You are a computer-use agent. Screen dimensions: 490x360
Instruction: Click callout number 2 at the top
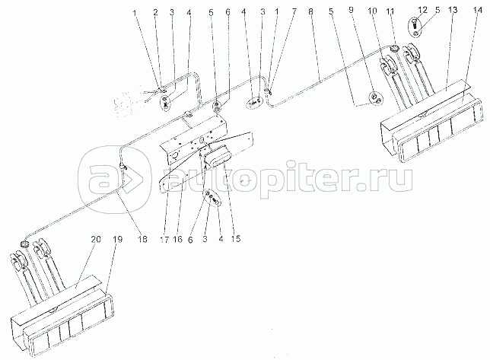point(155,12)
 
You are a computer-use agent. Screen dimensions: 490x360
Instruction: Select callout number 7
point(294,12)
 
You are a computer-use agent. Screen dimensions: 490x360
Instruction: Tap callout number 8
point(310,12)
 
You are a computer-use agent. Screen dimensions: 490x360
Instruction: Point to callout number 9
point(351,10)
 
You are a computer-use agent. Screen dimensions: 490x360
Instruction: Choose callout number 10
point(372,11)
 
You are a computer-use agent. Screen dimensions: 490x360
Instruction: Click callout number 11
point(390,11)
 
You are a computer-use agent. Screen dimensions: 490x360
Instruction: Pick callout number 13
point(452,10)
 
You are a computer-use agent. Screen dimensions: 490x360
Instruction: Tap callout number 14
point(478,10)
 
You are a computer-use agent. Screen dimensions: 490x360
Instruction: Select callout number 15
point(236,239)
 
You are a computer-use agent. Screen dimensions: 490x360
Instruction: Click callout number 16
point(178,240)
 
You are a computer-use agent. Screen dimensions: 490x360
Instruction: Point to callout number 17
point(164,240)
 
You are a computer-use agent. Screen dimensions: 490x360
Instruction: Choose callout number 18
point(142,240)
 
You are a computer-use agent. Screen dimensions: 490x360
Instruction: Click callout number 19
point(118,240)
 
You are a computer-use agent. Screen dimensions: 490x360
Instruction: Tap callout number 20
point(96,240)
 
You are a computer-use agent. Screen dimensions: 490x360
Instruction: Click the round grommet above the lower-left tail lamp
point(24,244)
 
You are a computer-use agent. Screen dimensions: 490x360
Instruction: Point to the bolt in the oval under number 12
point(413,24)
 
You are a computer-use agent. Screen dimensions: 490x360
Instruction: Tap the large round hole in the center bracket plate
point(176,154)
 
